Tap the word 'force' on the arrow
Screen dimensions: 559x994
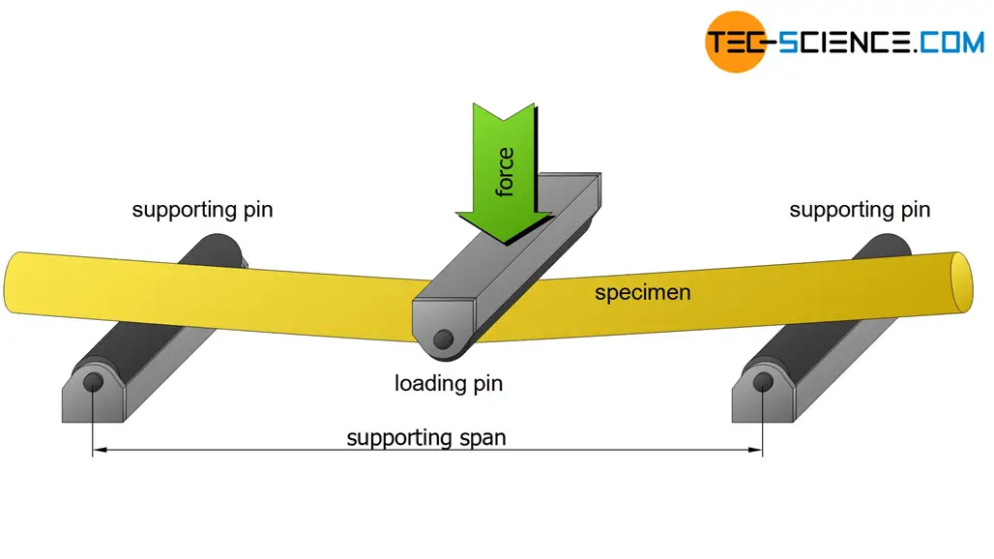[504, 172]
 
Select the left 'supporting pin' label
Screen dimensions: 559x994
[202, 209]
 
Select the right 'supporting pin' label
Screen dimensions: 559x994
[860, 209]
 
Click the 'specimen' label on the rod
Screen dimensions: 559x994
[642, 291]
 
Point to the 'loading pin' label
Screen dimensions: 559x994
[449, 383]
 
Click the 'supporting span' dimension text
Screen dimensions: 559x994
[426, 437]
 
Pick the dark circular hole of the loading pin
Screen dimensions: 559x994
[444, 338]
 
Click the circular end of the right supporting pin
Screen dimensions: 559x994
[763, 381]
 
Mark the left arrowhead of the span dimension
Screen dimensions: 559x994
[98, 450]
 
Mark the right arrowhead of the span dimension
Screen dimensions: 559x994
[757, 450]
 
